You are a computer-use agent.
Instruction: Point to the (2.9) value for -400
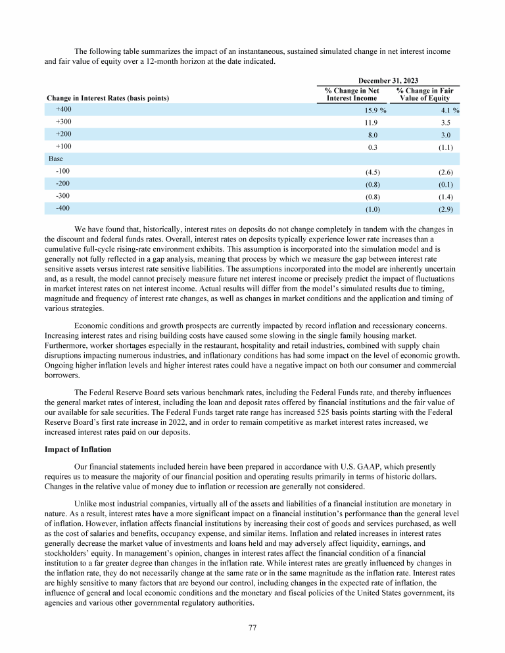pos(445,208)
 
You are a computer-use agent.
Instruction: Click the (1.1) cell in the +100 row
pos(445,147)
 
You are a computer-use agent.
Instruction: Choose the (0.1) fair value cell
pos(445,184)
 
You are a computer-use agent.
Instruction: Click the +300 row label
pos(64,122)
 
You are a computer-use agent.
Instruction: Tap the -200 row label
pos(63,184)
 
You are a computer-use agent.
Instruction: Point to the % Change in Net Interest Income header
pos(352,94)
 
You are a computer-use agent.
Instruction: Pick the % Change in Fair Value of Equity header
pos(426,94)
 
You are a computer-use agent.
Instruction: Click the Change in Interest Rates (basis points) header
pos(108,98)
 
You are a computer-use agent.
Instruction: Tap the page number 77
pos(252,627)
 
